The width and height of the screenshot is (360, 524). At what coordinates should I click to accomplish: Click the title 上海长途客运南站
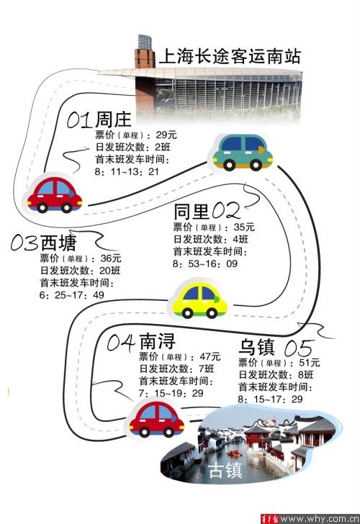[x=230, y=56]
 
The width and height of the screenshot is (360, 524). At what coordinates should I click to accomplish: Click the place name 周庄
[x=113, y=119]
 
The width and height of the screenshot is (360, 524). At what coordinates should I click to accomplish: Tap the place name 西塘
[x=58, y=243]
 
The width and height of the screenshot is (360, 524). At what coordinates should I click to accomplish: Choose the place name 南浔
[x=157, y=341]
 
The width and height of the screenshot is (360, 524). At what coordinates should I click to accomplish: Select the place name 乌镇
[x=256, y=347]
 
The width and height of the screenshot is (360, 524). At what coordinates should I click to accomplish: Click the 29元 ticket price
[x=166, y=135]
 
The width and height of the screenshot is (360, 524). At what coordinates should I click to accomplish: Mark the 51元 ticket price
[x=309, y=363]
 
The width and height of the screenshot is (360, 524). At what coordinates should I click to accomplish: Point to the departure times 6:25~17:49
[x=71, y=295]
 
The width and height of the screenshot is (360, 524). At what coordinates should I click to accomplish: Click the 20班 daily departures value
[x=110, y=271]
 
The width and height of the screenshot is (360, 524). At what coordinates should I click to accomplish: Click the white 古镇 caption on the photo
[x=225, y=471]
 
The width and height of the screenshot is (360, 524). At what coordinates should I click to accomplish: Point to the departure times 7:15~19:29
[x=171, y=393]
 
